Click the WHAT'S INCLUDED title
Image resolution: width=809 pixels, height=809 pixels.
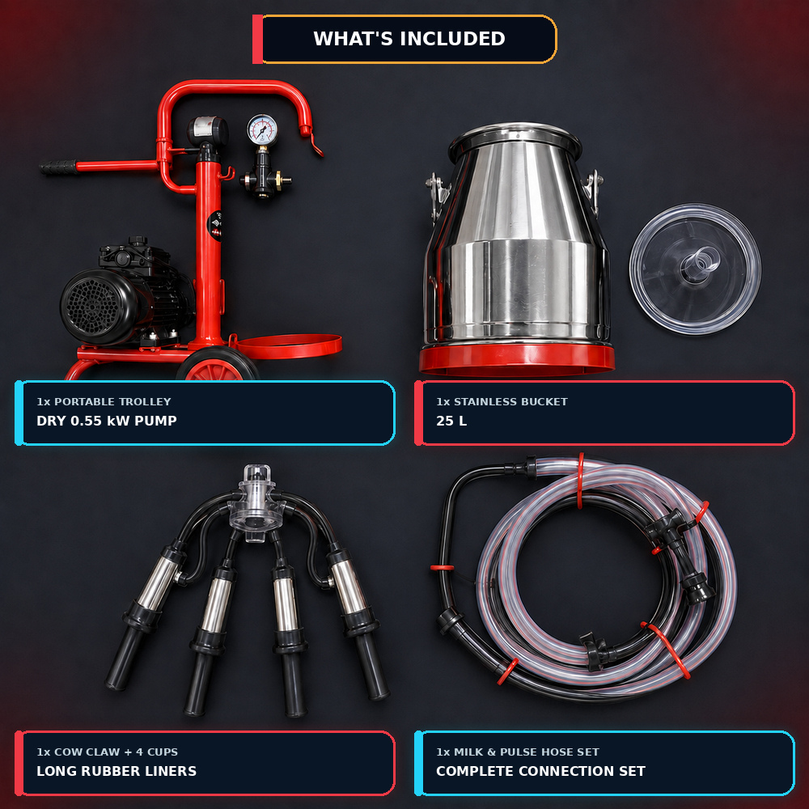click(409, 39)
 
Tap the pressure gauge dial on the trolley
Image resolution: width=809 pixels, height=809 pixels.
click(262, 129)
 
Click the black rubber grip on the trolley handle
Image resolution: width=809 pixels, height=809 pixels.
click(57, 167)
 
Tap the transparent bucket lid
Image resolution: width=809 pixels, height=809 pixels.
click(695, 269)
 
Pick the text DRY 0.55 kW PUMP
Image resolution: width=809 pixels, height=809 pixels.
click(107, 421)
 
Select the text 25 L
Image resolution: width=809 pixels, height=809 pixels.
click(451, 421)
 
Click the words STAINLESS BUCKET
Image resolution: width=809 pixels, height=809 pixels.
click(510, 401)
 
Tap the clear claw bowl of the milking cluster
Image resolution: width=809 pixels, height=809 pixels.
click(256, 506)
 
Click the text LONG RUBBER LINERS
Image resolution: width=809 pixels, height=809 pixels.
click(116, 771)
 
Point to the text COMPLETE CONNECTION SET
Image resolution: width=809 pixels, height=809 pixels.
click(540, 771)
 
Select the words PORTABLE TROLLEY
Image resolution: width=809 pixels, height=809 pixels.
click(112, 401)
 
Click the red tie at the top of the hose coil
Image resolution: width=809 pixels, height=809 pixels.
click(580, 481)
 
